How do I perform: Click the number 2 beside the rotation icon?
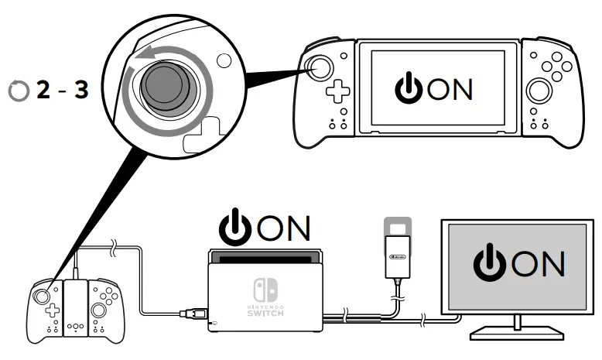(43, 90)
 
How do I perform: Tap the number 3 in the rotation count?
(80, 90)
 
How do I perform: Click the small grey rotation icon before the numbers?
(17, 91)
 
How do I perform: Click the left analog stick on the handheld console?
(320, 67)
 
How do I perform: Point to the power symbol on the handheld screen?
(409, 89)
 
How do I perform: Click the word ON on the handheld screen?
(450, 89)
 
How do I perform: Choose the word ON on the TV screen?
(538, 263)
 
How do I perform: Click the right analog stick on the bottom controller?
(101, 309)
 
